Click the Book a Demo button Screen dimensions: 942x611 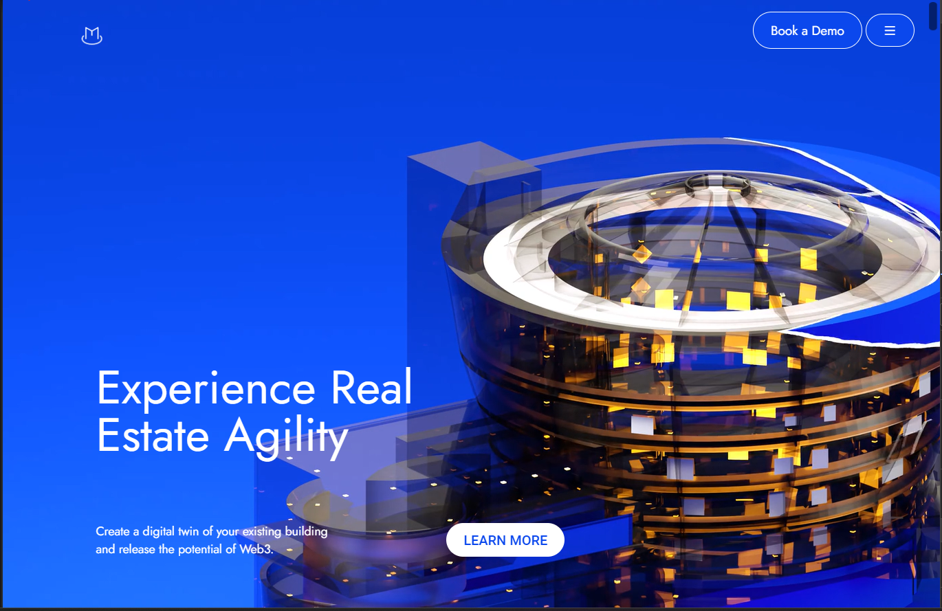coord(807,30)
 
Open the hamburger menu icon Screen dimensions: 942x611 coord(890,30)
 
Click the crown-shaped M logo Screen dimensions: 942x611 coord(91,36)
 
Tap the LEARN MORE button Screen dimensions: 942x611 coord(505,540)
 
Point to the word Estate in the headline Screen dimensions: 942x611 coord(153,435)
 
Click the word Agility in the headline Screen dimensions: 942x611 coord(287,438)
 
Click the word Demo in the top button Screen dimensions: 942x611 coord(828,31)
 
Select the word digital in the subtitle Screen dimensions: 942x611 coord(158,531)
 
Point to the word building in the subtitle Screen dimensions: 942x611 coord(306,531)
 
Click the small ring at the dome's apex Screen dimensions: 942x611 coord(718,185)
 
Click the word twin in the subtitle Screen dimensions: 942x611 coord(190,531)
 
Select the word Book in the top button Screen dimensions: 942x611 coord(785,31)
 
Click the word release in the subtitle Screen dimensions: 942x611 coord(137,549)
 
